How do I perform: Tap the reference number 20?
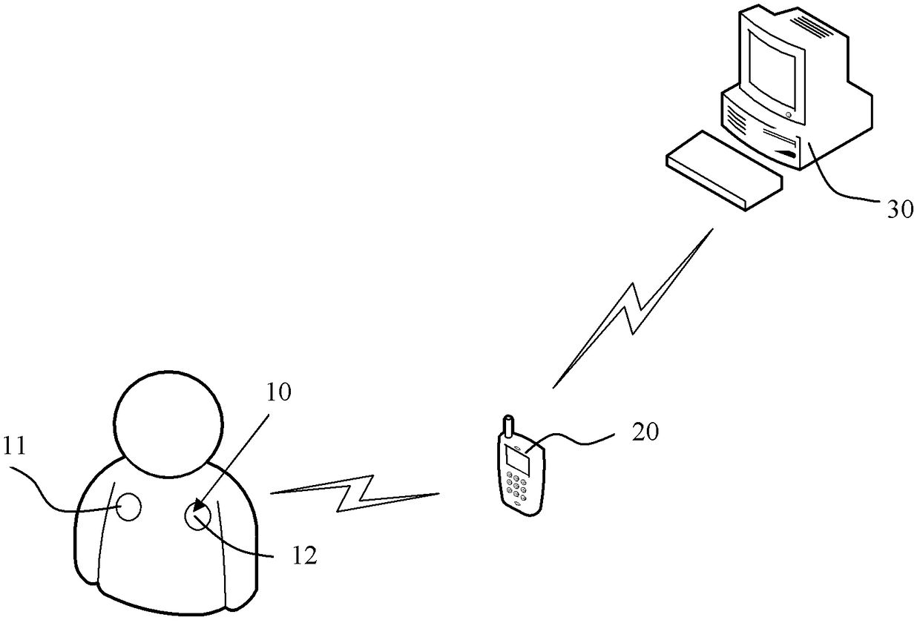coord(644,433)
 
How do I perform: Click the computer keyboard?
coord(725,171)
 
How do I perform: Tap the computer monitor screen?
coord(775,67)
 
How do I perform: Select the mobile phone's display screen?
coord(516,461)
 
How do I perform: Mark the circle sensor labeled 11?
coord(128,507)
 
